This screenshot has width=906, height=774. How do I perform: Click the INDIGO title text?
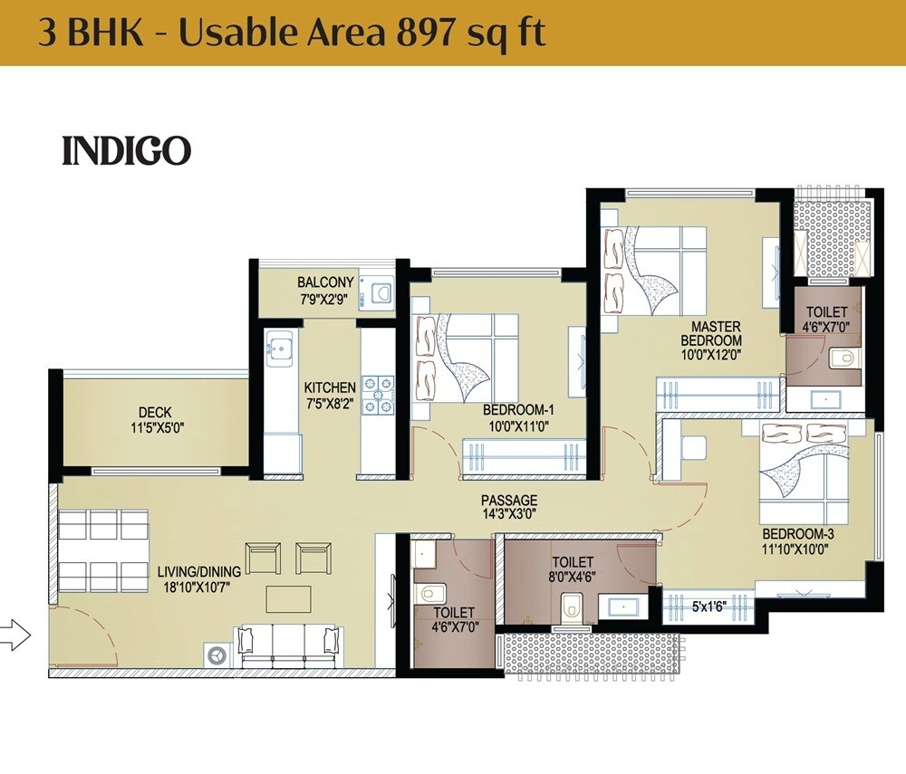pos(126,151)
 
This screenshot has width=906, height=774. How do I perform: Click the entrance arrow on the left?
pos(15,635)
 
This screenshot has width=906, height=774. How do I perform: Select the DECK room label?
pos(156,413)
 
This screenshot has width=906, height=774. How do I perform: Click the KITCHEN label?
pos(330,387)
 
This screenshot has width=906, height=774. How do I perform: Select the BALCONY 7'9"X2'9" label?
pos(325,290)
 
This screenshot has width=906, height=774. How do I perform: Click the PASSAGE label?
pos(508,501)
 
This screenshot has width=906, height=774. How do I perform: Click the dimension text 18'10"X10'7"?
pos(198,587)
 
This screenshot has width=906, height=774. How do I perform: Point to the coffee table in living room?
pos(288,598)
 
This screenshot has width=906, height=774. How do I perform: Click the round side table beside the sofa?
pos(217,653)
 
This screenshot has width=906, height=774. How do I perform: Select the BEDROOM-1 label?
pos(517,410)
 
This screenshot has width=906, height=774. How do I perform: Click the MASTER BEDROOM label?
pos(711,333)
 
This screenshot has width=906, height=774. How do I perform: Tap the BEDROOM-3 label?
pos(797,533)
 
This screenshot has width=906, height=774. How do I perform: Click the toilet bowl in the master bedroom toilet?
pos(842,358)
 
